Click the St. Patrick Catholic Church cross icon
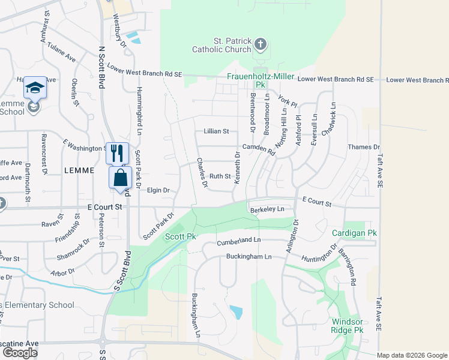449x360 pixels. [260, 44]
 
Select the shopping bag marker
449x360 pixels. [121, 178]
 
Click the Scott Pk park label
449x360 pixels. [181, 237]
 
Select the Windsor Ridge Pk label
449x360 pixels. [348, 326]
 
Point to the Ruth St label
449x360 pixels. [220, 176]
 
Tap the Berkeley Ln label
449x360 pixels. [267, 209]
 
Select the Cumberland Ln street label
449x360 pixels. [240, 240]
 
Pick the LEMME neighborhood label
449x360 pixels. [79, 170]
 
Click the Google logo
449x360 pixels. [20, 353]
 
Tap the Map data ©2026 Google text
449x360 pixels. [412, 355]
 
